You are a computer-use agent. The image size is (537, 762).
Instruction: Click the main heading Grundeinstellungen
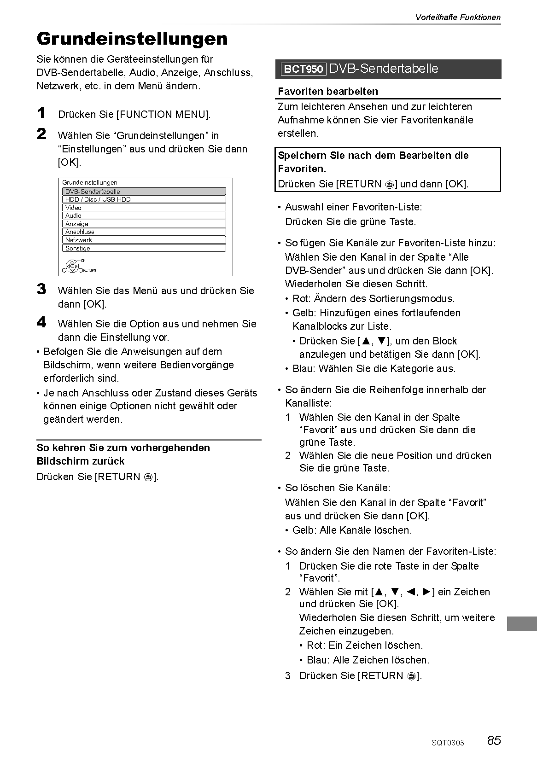(132, 39)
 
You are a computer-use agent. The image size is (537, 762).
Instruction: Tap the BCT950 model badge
(303, 70)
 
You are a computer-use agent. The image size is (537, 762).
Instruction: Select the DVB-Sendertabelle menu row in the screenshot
(144, 192)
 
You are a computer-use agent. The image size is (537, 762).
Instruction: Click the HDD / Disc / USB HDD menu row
(144, 199)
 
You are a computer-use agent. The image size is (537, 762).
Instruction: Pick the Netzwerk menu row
(144, 240)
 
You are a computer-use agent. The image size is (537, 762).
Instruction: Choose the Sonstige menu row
(144, 248)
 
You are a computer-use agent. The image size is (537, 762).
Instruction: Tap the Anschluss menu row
(144, 232)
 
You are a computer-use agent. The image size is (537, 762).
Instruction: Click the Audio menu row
(144, 215)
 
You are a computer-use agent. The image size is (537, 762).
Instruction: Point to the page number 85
(494, 741)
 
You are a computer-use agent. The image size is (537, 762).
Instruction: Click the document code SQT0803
(448, 743)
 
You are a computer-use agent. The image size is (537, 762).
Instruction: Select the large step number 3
(41, 289)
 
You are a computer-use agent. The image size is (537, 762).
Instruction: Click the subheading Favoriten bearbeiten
(328, 92)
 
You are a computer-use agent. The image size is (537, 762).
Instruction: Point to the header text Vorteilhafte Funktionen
(458, 17)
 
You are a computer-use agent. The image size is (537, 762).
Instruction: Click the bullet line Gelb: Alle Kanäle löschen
(352, 530)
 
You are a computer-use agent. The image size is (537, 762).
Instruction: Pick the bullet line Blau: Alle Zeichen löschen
(368, 660)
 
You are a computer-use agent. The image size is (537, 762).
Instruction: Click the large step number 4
(41, 322)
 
